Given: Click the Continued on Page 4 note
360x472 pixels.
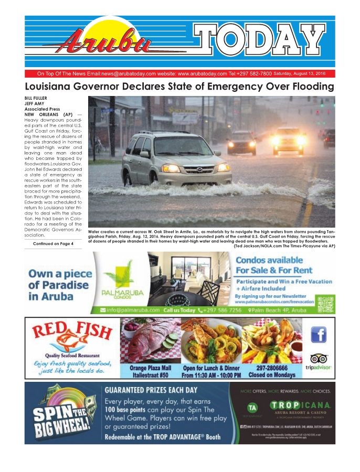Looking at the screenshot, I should (x=53, y=244).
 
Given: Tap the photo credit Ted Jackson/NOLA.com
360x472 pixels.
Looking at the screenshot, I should (x=259, y=246).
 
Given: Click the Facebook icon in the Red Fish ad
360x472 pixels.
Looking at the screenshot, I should (x=319, y=334).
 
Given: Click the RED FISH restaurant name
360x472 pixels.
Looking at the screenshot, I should (x=72, y=332).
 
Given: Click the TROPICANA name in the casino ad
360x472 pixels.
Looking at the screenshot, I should (x=300, y=405).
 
